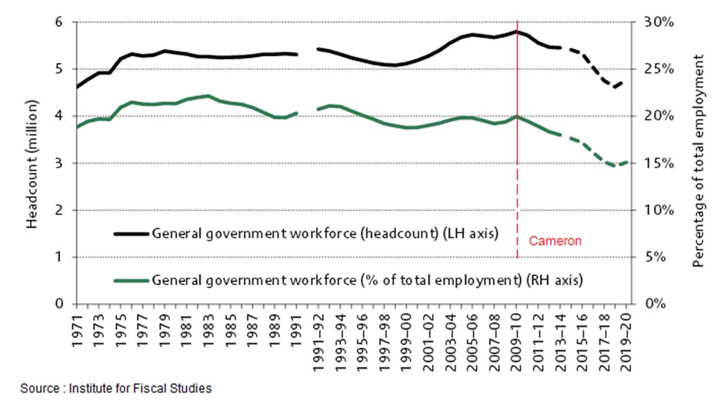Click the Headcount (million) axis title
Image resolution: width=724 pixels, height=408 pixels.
point(32,163)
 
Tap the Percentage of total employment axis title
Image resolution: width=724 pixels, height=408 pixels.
point(699,163)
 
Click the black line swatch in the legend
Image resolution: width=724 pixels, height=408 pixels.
point(131,233)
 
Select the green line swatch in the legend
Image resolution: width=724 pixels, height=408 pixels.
point(131,281)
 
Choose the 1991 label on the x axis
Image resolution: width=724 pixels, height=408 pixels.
point(297,330)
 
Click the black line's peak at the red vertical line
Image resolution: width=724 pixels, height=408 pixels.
point(517,31)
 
